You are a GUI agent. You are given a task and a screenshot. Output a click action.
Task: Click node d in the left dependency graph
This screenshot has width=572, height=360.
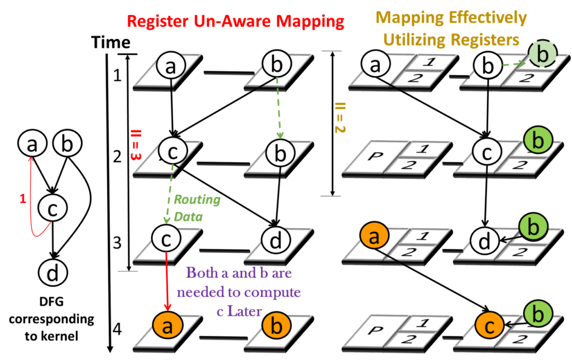coord(53,273)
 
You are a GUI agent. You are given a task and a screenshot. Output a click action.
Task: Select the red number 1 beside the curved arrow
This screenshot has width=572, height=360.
coord(23,199)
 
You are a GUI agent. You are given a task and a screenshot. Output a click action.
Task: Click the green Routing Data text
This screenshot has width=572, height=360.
coord(196,208)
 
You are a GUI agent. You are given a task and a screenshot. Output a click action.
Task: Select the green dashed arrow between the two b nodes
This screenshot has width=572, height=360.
coord(278,109)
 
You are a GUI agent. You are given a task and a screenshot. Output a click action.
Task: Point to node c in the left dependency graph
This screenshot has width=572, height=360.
coord(53,208)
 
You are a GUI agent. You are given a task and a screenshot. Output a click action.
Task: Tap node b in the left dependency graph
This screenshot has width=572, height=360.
coord(67,144)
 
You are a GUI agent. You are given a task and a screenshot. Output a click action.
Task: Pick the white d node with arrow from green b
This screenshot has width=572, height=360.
coord(484,243)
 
